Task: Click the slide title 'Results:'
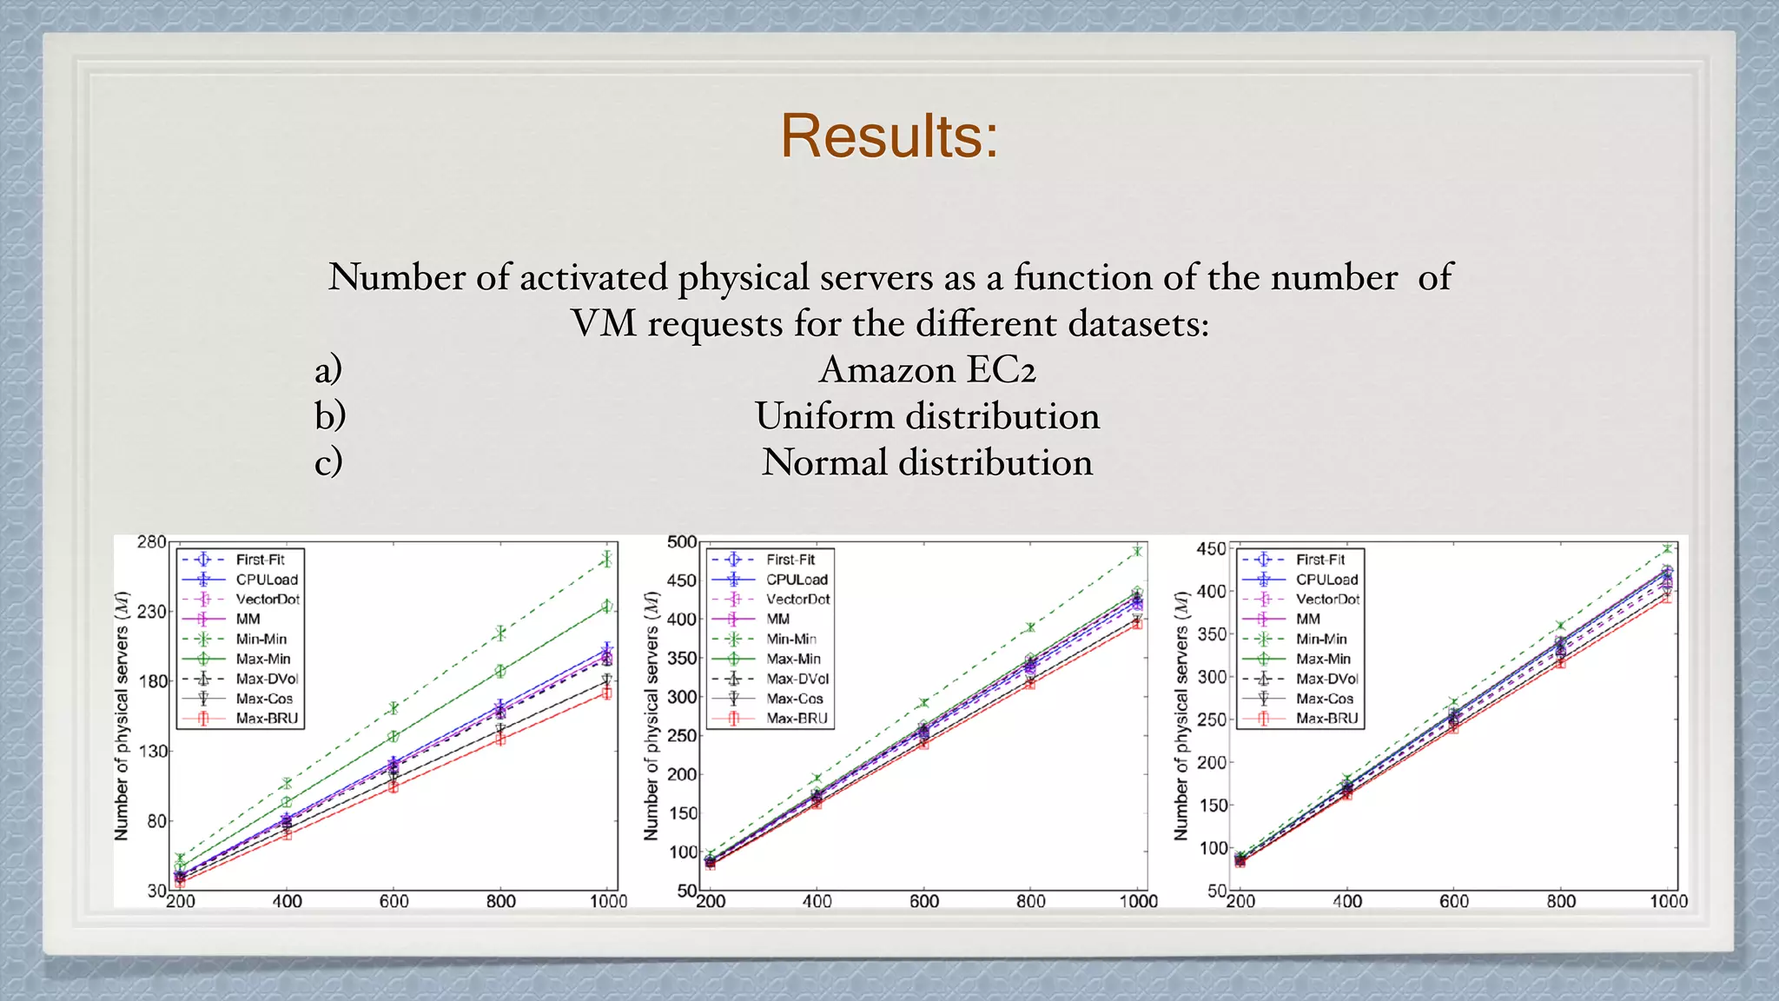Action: click(x=889, y=136)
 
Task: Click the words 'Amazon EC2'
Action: click(x=927, y=369)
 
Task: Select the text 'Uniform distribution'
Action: click(x=927, y=416)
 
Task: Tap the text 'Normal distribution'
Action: click(x=927, y=462)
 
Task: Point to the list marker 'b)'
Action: click(x=330, y=416)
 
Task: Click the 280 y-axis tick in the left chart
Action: click(x=151, y=542)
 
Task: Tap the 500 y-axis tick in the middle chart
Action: click(x=682, y=542)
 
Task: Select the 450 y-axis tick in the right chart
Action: click(x=1211, y=549)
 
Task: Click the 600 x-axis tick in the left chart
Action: click(x=393, y=902)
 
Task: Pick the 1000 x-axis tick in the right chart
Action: click(x=1669, y=902)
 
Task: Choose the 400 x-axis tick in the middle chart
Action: click(x=817, y=902)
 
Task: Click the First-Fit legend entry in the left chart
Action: click(x=260, y=560)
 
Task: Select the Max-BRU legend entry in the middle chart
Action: click(x=797, y=719)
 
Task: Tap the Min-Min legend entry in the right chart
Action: click(x=1321, y=639)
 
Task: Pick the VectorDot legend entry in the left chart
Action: click(x=268, y=600)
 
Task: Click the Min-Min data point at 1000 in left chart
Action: click(x=606, y=560)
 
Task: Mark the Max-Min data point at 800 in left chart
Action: click(x=500, y=671)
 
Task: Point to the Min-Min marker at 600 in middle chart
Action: click(x=923, y=702)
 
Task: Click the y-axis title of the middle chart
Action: click(x=651, y=716)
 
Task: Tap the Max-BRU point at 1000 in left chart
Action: click(x=607, y=693)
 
